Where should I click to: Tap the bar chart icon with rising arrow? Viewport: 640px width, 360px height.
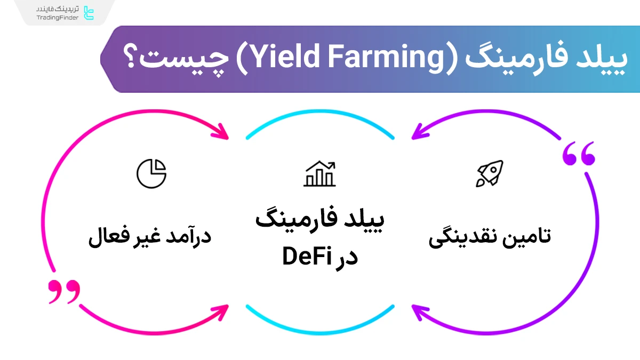click(x=320, y=174)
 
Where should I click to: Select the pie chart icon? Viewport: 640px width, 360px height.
click(x=151, y=173)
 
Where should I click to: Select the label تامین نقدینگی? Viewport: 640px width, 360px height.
click(x=490, y=236)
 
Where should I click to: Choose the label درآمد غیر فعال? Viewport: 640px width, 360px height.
click(x=150, y=236)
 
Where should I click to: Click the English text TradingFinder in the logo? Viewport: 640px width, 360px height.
click(x=58, y=18)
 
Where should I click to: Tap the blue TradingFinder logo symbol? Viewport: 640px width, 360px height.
click(x=89, y=13)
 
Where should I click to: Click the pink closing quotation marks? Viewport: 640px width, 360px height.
click(x=64, y=292)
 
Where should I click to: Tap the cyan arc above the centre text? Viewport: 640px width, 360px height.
click(x=320, y=122)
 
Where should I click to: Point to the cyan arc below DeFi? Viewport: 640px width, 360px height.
click(x=320, y=322)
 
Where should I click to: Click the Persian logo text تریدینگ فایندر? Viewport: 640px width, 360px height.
click(x=58, y=10)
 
